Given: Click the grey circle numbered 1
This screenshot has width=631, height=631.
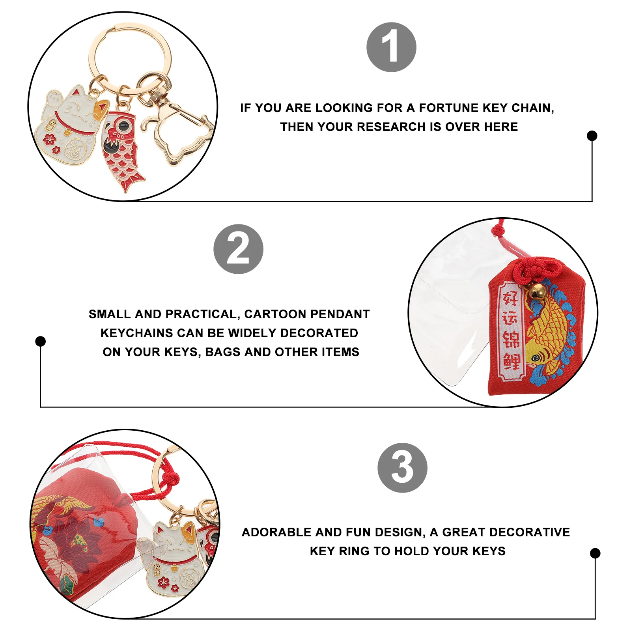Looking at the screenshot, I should point(391,47).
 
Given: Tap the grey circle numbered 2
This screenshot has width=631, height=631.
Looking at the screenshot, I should point(238,249).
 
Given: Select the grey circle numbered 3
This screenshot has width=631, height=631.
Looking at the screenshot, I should point(402,468).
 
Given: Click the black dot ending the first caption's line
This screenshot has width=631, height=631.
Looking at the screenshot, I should point(592,136).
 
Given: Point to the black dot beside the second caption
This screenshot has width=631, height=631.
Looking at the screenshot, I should point(40,341).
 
